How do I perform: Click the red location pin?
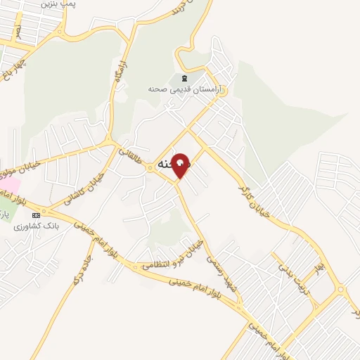click(x=181, y=165)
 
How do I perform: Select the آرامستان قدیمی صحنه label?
click(x=185, y=89)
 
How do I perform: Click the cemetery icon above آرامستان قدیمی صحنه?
click(x=184, y=78)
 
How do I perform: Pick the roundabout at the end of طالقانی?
click(x=150, y=167)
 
